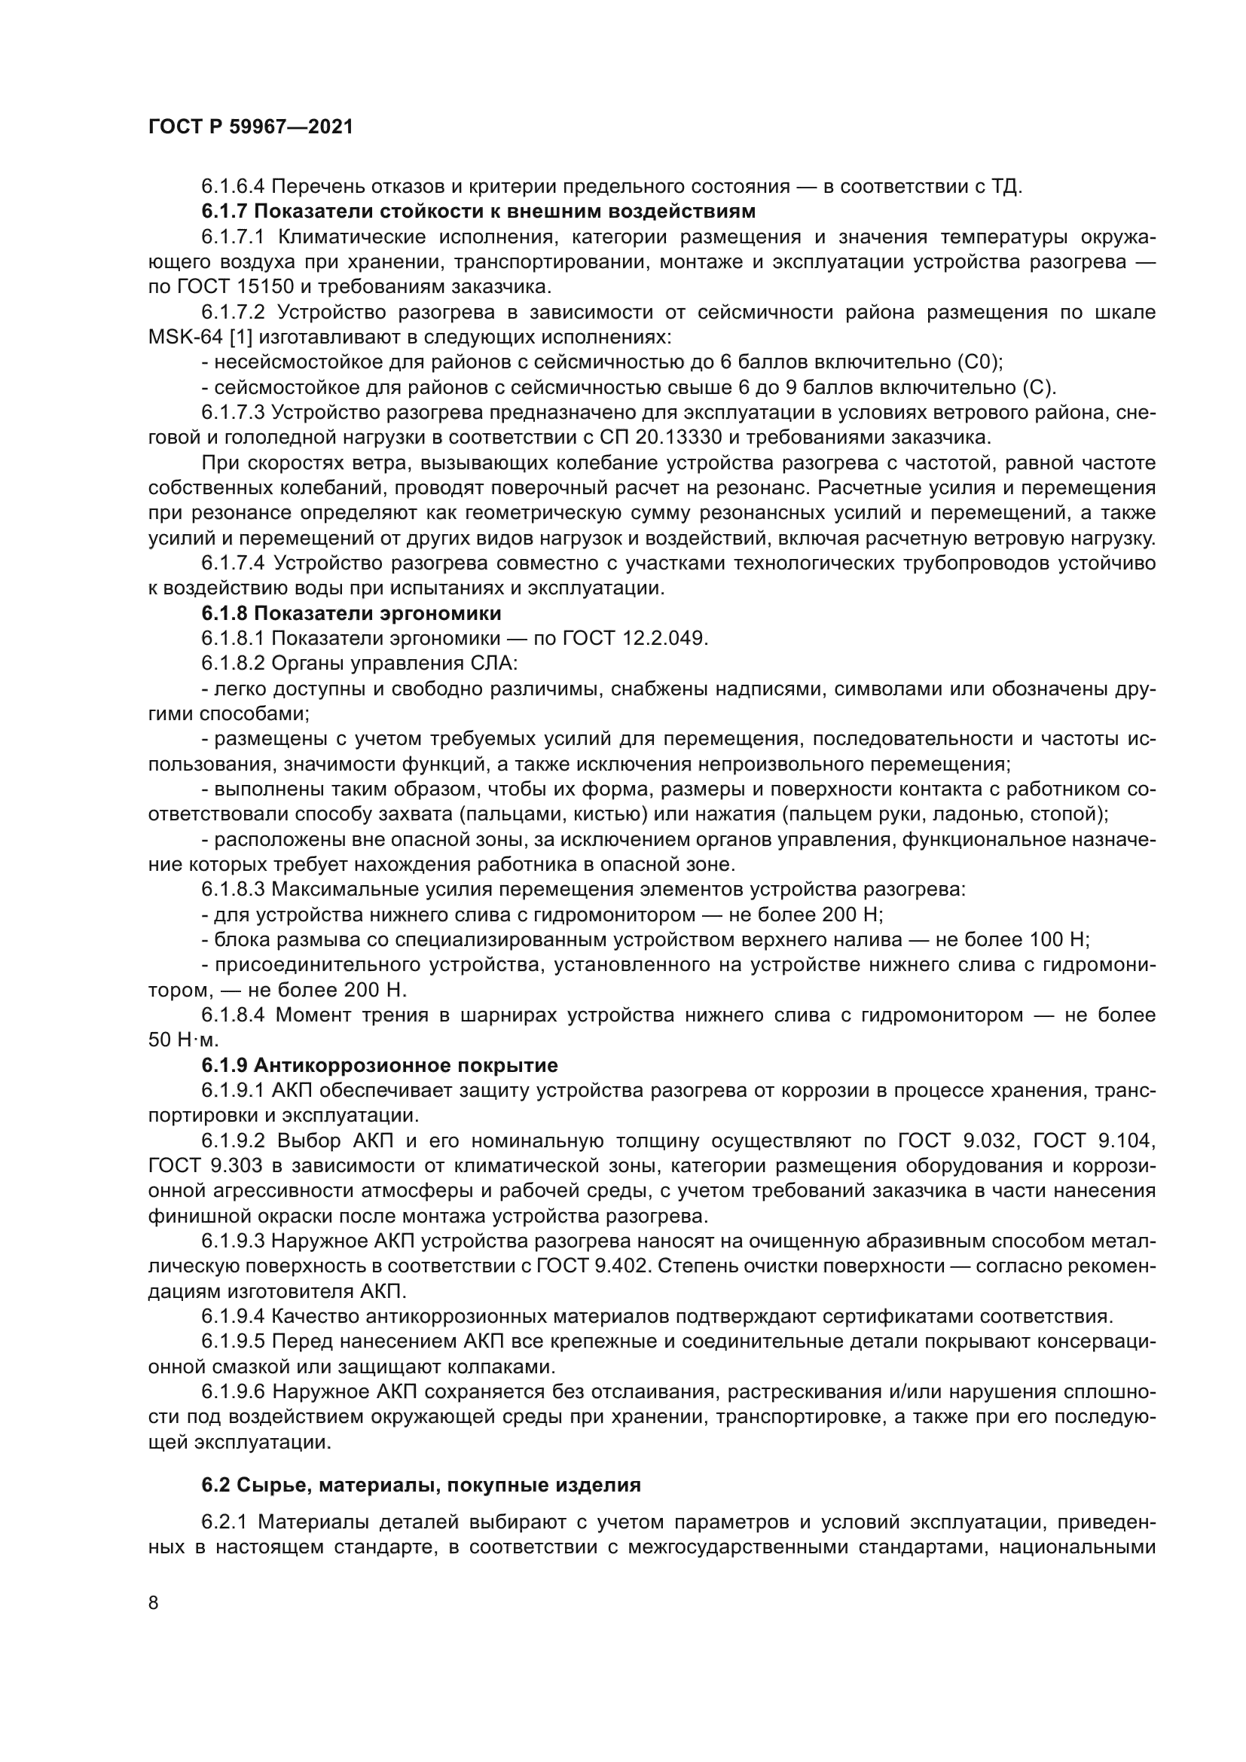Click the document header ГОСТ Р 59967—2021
coord(250,127)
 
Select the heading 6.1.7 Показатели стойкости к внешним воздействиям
coord(479,211)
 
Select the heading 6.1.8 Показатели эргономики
coord(351,613)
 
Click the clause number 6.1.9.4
coord(234,1317)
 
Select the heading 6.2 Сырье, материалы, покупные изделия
coord(421,1485)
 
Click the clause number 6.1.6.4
coord(234,187)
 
